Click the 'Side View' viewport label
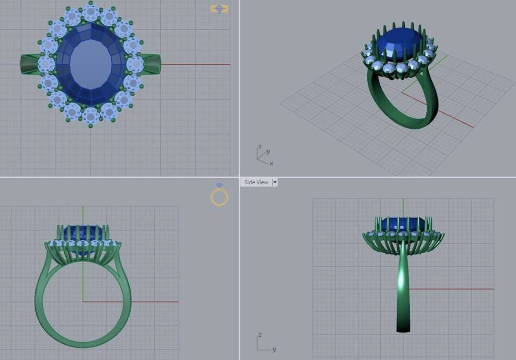[x=256, y=182]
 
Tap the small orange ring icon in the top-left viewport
[x=219, y=9]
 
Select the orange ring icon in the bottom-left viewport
[x=220, y=196]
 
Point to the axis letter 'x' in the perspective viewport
[x=271, y=163]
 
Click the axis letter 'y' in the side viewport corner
[x=274, y=349]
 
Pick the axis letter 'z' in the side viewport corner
[x=259, y=335]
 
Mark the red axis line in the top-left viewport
[x=197, y=64]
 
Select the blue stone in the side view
[x=403, y=225]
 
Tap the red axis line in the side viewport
[x=454, y=289]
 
